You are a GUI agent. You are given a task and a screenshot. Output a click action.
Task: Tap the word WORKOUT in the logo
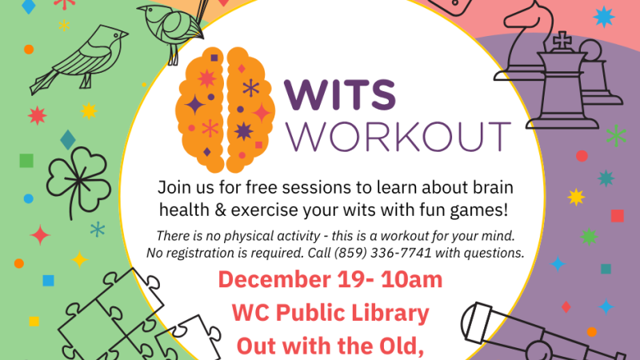pyautogui.click(x=398, y=135)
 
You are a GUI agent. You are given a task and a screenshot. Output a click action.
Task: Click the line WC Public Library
pyautogui.click(x=330, y=312)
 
